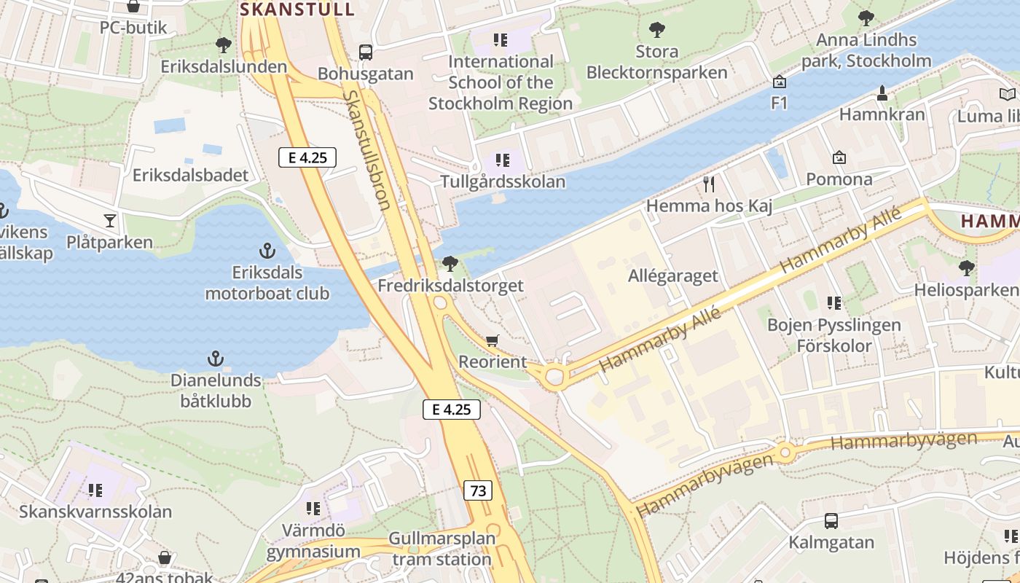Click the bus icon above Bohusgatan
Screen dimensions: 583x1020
(366, 52)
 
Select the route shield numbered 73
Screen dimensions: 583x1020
(478, 490)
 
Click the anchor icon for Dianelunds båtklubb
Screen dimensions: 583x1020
(215, 359)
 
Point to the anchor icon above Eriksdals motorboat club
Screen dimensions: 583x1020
(267, 251)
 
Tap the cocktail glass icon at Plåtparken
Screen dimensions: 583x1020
(110, 219)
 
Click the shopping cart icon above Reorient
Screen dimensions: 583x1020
(493, 340)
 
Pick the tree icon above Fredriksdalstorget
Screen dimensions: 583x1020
(450, 263)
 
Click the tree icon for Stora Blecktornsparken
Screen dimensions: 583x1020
(656, 30)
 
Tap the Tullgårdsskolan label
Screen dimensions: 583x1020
(503, 181)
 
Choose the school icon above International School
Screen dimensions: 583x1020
(500, 39)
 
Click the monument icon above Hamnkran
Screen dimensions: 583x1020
(882, 93)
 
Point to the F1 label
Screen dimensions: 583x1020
(780, 103)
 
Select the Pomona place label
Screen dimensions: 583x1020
(839, 179)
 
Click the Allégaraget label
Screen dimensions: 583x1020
(672, 276)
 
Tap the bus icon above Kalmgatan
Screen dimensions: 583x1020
(831, 521)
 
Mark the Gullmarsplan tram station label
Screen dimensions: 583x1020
(442, 549)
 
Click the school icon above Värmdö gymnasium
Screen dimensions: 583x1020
(313, 508)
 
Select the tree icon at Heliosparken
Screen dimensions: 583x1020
(967, 268)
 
